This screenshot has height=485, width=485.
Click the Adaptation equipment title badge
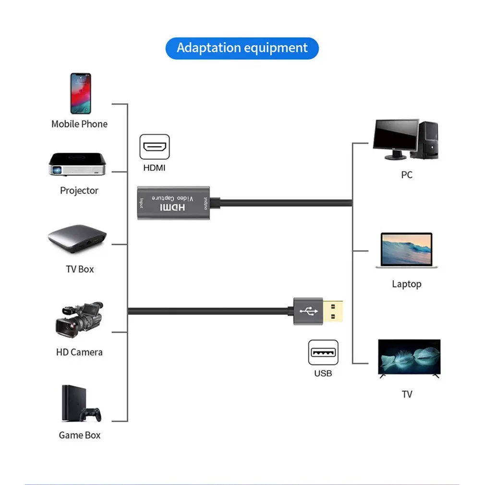[x=242, y=48]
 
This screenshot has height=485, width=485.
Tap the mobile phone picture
[x=80, y=93]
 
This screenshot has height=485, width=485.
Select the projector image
[x=76, y=164]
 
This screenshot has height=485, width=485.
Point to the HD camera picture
[x=79, y=319]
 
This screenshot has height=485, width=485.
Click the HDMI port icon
[x=154, y=147]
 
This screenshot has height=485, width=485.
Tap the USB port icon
[x=323, y=352]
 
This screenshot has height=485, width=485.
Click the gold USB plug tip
[x=336, y=311]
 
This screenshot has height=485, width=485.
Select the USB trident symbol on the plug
[x=308, y=311]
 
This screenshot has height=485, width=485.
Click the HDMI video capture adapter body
[x=173, y=204]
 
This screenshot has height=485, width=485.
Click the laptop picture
[x=406, y=250]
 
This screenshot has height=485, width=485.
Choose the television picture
[x=409, y=358]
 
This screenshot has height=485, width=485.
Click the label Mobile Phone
[x=79, y=124]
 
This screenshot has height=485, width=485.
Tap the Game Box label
[x=80, y=435]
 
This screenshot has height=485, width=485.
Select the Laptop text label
[x=406, y=284]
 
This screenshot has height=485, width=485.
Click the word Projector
[x=79, y=191]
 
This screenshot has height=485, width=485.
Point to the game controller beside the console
[x=90, y=414]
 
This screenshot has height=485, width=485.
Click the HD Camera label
[x=79, y=352]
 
